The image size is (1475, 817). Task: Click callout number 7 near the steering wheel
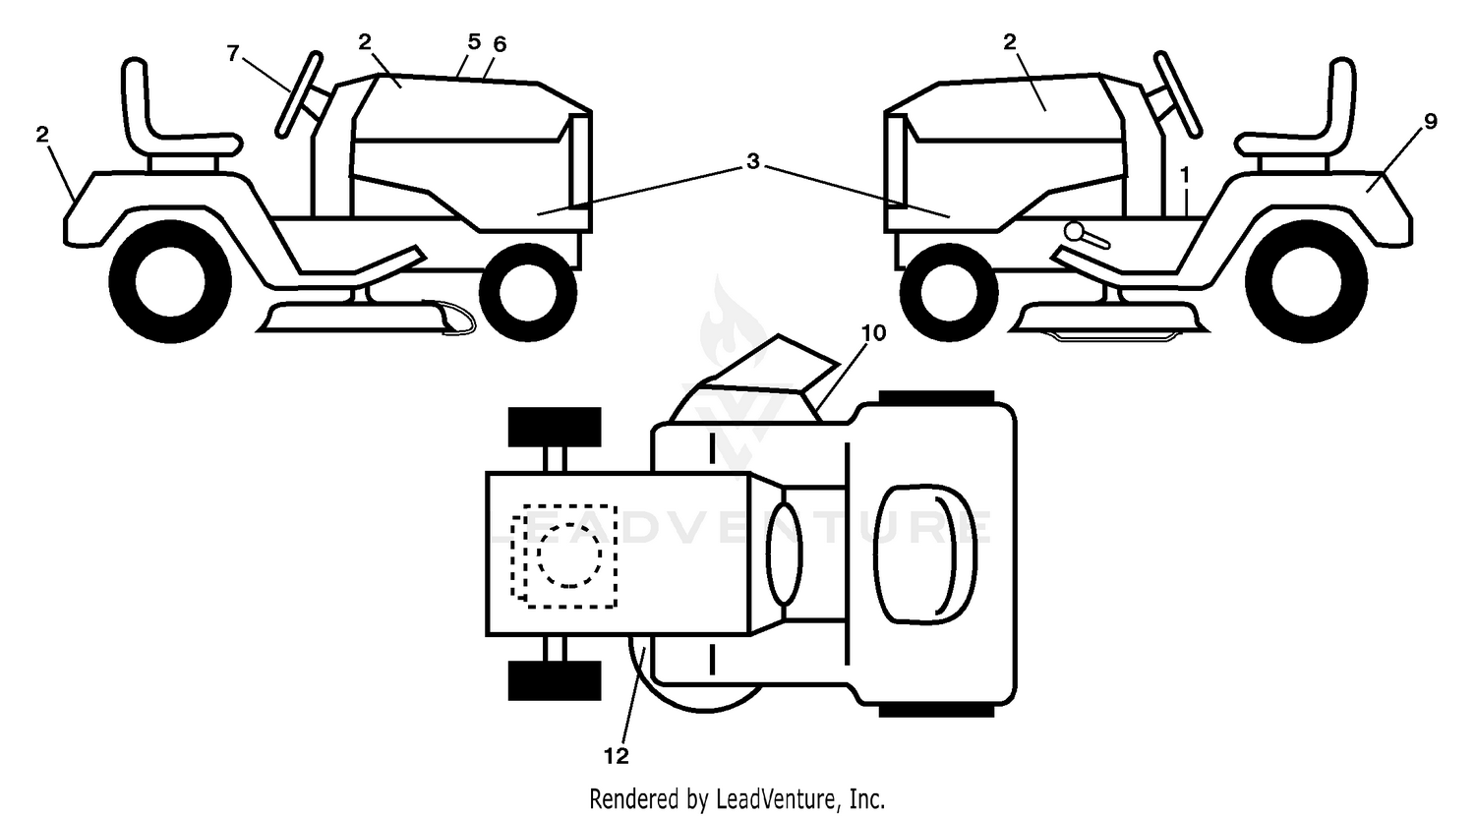[232, 53]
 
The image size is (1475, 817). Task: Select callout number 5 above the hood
[474, 42]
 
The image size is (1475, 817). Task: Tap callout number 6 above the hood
[500, 45]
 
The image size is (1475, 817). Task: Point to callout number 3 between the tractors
[753, 160]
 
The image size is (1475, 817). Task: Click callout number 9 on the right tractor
[1430, 121]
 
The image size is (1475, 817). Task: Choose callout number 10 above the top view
[873, 333]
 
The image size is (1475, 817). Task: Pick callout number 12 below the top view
[617, 756]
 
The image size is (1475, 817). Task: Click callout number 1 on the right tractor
[1185, 175]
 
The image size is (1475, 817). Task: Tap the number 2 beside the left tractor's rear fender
[42, 135]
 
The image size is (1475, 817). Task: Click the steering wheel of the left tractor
[300, 94]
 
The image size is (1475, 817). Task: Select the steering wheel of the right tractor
[1178, 94]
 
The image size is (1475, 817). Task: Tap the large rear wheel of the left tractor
[170, 282]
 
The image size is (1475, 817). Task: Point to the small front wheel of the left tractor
[528, 292]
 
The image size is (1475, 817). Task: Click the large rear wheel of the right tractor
[1307, 282]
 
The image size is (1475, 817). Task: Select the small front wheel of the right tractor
[949, 292]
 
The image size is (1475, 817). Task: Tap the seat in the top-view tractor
[924, 554]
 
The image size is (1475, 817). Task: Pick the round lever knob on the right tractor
[1075, 231]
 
